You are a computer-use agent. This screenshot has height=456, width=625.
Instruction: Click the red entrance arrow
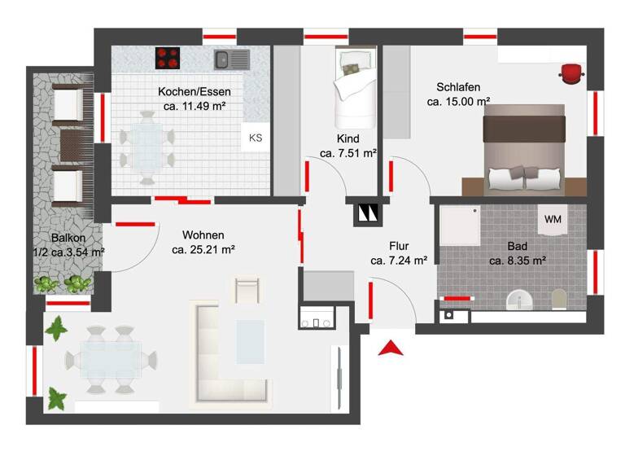click(x=391, y=348)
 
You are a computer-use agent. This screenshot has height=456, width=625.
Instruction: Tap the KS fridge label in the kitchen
click(x=256, y=138)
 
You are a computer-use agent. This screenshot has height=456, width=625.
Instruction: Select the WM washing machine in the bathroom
click(x=553, y=219)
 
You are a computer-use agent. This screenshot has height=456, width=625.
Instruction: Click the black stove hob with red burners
click(x=168, y=59)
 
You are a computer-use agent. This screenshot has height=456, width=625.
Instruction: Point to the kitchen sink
click(x=230, y=59)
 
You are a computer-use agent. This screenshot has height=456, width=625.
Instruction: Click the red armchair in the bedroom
click(x=571, y=72)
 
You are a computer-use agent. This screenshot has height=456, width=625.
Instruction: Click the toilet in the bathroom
click(x=557, y=300)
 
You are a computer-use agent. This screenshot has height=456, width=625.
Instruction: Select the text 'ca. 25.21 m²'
click(x=203, y=250)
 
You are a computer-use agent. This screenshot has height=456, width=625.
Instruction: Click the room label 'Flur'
click(x=399, y=246)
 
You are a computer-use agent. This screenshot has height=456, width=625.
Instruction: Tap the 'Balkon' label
click(x=68, y=238)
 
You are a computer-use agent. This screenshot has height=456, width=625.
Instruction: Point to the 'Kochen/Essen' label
click(x=189, y=91)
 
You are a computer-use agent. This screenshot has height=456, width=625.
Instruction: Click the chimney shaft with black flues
click(x=367, y=213)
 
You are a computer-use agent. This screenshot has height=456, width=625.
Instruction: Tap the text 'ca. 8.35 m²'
click(x=517, y=261)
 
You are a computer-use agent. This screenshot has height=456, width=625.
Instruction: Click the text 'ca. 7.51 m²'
click(x=347, y=152)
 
